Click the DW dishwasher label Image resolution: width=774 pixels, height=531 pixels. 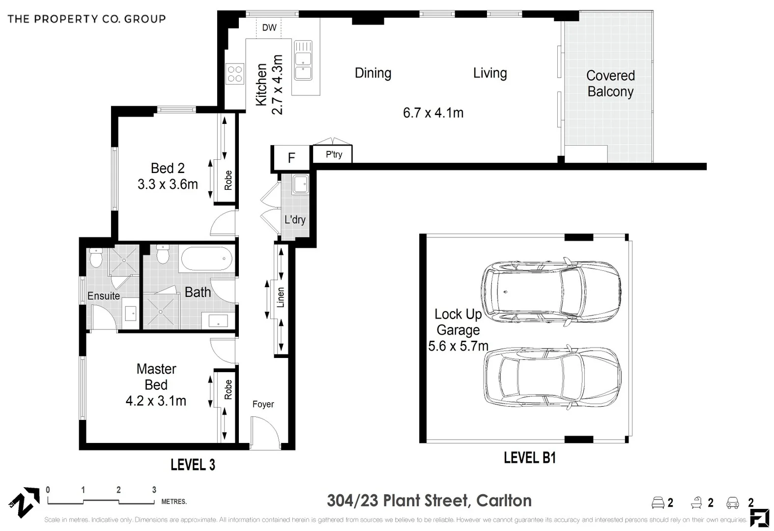coord(269,28)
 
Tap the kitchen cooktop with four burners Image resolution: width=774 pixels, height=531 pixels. coord(235,74)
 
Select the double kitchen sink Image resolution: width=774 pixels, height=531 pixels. coord(303,60)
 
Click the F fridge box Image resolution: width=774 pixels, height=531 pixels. coord(291,158)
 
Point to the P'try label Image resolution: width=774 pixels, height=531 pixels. coord(334,154)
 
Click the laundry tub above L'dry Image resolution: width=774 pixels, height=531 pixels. coord(300,185)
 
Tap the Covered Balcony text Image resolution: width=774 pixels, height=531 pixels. coord(610,84)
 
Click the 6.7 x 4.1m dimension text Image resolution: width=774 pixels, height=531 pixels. coord(433,113)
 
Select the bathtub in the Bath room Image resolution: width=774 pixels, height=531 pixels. coord(206,259)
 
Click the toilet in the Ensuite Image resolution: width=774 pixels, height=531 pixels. coord(96,258)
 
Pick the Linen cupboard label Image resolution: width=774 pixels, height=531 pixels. coord(281,297)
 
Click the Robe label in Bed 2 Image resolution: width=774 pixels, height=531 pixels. coord(228,180)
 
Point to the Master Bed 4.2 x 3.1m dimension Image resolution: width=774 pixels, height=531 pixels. coord(156,401)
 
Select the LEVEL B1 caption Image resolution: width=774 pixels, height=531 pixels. coord(529,458)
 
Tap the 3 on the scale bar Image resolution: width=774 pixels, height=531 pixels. coord(154,490)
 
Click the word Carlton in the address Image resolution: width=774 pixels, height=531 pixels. coord(504,501)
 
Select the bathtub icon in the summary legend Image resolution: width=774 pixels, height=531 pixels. coord(696,502)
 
